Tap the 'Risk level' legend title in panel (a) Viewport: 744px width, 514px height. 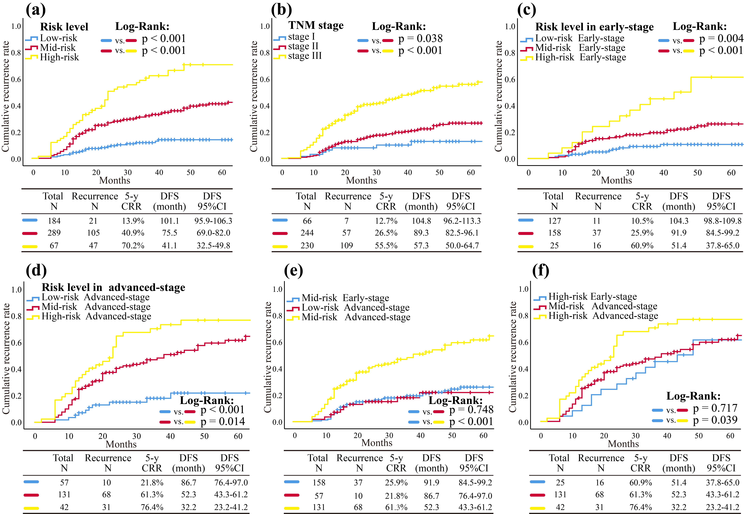click(x=64, y=27)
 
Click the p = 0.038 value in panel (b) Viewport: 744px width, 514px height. click(x=420, y=39)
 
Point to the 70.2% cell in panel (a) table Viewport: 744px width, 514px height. click(x=133, y=246)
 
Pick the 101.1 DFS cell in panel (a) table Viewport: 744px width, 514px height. click(x=170, y=221)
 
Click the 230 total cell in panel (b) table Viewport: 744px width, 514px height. click(x=307, y=246)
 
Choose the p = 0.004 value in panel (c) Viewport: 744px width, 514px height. click(x=721, y=39)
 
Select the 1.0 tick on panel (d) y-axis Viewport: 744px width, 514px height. click(x=16, y=290)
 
